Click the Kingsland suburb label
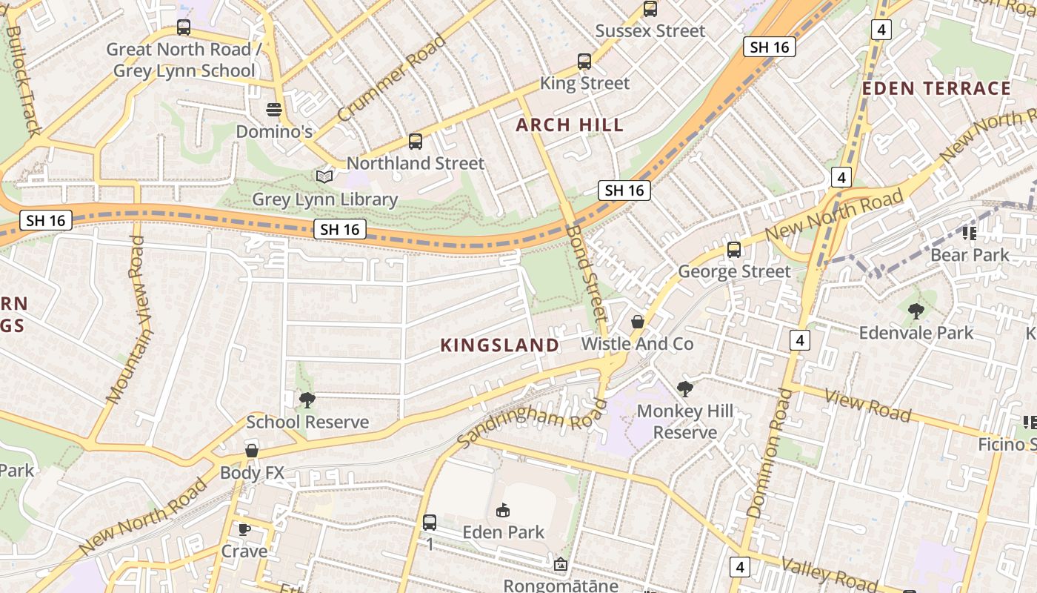pyautogui.click(x=500, y=345)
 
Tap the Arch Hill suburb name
pyautogui.click(x=570, y=125)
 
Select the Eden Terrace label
pyautogui.click(x=936, y=89)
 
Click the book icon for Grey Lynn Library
pyautogui.click(x=324, y=176)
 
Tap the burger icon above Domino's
pyautogui.click(x=274, y=110)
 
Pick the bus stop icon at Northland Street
pyautogui.click(x=416, y=141)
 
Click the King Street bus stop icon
pyautogui.click(x=584, y=62)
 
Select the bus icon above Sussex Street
pyautogui.click(x=650, y=9)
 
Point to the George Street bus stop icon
pyautogui.click(x=734, y=250)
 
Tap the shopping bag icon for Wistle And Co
pyautogui.click(x=637, y=322)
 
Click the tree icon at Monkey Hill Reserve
pyautogui.click(x=685, y=388)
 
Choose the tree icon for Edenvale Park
pyautogui.click(x=916, y=311)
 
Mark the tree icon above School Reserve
pyautogui.click(x=307, y=400)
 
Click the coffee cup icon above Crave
pyautogui.click(x=244, y=529)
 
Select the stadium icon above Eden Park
pyautogui.click(x=503, y=510)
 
